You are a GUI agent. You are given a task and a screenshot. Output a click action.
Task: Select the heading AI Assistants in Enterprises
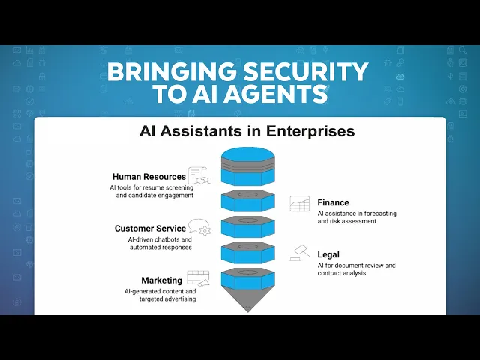[247, 131]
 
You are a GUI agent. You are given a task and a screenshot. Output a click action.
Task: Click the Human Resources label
[149, 177]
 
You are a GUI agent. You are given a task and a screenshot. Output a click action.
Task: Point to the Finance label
[333, 202]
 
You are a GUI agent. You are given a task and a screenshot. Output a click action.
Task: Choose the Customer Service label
[150, 229]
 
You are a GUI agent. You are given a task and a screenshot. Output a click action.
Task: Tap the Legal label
[328, 254]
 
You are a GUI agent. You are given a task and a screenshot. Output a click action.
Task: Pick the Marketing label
[162, 280]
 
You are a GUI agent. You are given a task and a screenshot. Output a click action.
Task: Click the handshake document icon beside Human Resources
[199, 175]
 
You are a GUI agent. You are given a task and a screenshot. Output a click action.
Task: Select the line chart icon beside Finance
[300, 204]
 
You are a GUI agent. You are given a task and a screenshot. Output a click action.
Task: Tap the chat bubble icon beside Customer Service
[199, 227]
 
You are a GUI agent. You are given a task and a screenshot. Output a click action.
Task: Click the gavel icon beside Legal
[300, 253]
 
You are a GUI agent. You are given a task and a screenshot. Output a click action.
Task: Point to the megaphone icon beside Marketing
[204, 282]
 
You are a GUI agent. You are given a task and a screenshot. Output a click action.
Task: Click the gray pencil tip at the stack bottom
[248, 300]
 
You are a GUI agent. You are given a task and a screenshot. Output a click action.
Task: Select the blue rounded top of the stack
[248, 154]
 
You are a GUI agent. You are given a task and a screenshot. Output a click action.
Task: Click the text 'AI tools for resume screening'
[151, 187]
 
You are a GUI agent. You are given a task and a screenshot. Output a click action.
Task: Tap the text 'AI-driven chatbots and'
[160, 239]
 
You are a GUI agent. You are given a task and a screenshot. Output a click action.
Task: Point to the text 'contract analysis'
[342, 273]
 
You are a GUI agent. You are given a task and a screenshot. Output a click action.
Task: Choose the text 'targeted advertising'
[167, 298]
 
